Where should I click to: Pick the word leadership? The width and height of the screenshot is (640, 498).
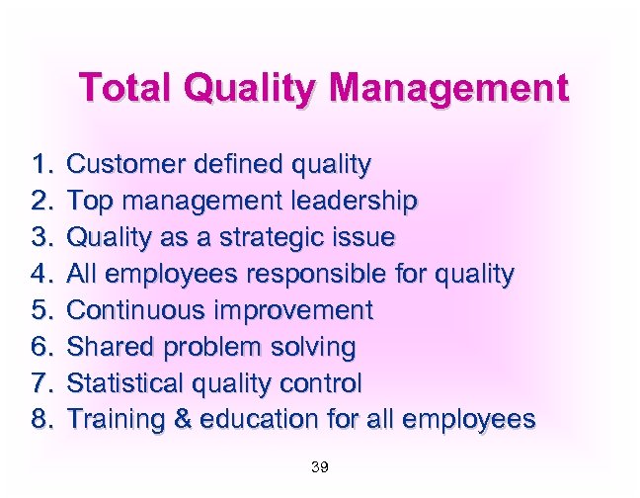point(354,201)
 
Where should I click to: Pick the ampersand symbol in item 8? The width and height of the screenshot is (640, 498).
point(181,420)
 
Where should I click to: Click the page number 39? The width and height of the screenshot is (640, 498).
point(319,466)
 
